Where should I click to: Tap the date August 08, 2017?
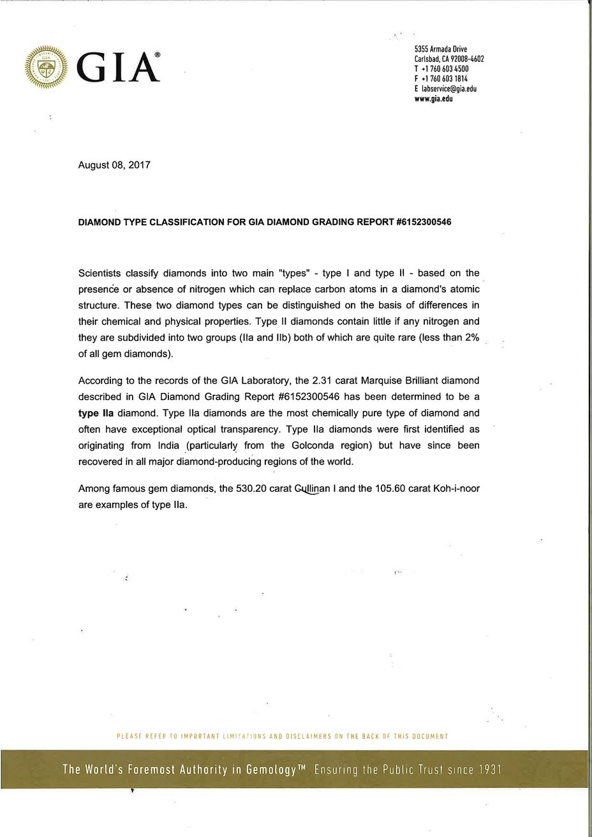click(114, 165)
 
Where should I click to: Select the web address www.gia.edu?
click(433, 99)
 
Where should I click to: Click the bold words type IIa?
click(96, 413)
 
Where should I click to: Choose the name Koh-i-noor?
click(456, 489)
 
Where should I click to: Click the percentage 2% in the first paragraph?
click(470, 337)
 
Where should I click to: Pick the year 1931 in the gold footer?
click(489, 770)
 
